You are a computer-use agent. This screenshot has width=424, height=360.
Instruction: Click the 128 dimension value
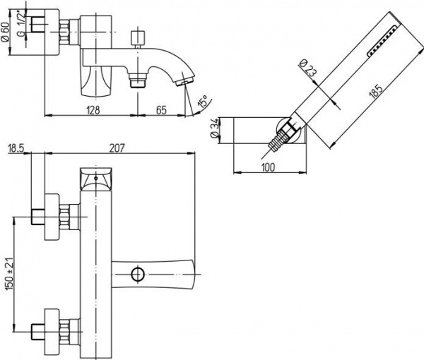[92, 110]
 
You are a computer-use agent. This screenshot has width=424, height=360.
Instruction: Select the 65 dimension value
[161, 110]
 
